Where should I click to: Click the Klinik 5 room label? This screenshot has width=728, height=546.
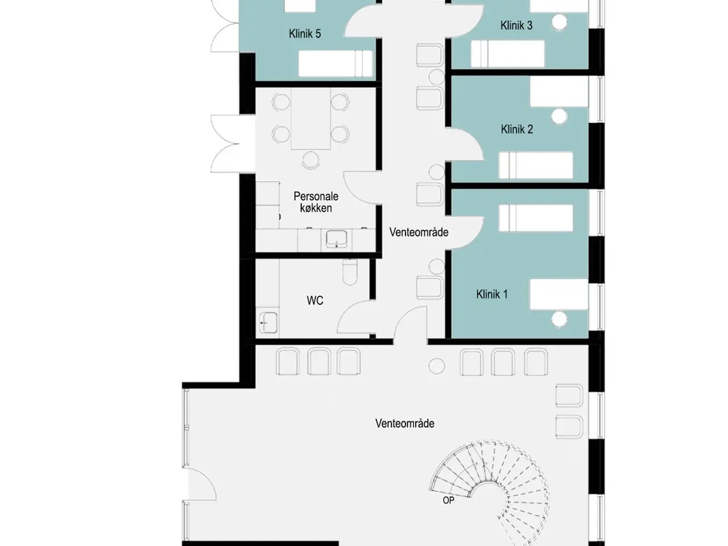pos(305,34)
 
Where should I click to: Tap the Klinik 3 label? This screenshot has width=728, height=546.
pos(516,26)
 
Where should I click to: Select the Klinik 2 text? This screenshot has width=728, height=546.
pos(517,129)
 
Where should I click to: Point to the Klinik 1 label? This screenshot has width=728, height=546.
pos(492,294)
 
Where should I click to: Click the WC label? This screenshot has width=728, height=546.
pos(315,300)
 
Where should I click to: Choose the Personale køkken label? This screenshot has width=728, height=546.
pos(316,202)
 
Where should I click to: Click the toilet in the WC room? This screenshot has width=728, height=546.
pos(350,272)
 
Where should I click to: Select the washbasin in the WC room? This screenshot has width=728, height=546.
pos(268,322)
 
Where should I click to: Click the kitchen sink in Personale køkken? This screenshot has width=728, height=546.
pos(337,239)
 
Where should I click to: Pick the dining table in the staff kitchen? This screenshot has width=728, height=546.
pos(311,118)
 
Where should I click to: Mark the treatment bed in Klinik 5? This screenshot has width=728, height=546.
pos(336,63)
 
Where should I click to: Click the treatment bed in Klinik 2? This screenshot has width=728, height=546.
pos(536,165)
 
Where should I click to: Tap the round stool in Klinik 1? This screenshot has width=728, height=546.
pos(560,319)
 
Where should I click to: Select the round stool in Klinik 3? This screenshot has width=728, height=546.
pos(560,23)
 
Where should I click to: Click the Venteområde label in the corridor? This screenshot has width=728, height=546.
pos(419,233)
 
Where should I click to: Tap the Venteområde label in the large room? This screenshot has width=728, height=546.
pos(404,423)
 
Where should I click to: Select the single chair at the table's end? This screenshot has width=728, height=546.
pos(311,160)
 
